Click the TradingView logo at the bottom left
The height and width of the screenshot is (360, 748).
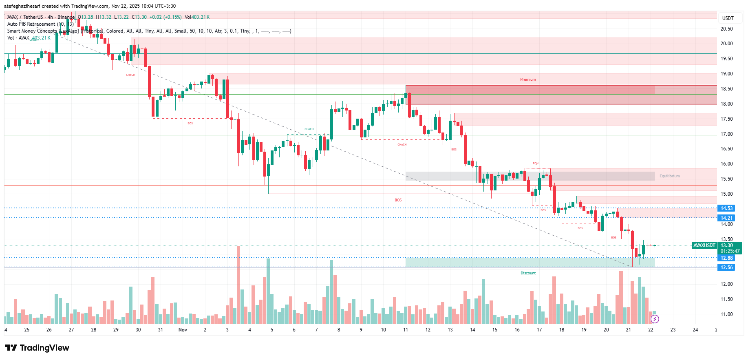pyautogui.click(x=37, y=348)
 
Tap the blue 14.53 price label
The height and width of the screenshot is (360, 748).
pyautogui.click(x=726, y=208)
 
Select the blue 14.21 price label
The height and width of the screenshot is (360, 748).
pyautogui.click(x=726, y=218)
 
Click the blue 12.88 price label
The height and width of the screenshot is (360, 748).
pyautogui.click(x=726, y=258)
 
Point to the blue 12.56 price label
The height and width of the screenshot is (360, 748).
pyautogui.click(x=726, y=267)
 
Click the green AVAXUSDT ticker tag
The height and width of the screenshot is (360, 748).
pyautogui.click(x=704, y=245)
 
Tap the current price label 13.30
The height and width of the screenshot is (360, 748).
pyautogui.click(x=726, y=245)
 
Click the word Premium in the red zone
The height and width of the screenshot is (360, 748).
pyautogui.click(x=528, y=80)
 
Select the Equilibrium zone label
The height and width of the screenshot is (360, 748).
pyautogui.click(x=669, y=176)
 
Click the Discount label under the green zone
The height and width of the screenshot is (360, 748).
pyautogui.click(x=528, y=273)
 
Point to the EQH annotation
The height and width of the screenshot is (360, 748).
pyautogui.click(x=536, y=163)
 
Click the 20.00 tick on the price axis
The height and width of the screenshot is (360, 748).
pyautogui.click(x=726, y=44)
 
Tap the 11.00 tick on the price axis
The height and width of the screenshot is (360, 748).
pyautogui.click(x=726, y=314)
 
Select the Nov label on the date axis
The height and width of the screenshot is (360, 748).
pyautogui.click(x=183, y=330)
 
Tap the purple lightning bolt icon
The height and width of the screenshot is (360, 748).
pyautogui.click(x=655, y=319)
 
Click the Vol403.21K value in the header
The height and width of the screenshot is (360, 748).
pyautogui.click(x=197, y=17)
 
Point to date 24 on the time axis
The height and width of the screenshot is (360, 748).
pyautogui.click(x=695, y=330)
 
